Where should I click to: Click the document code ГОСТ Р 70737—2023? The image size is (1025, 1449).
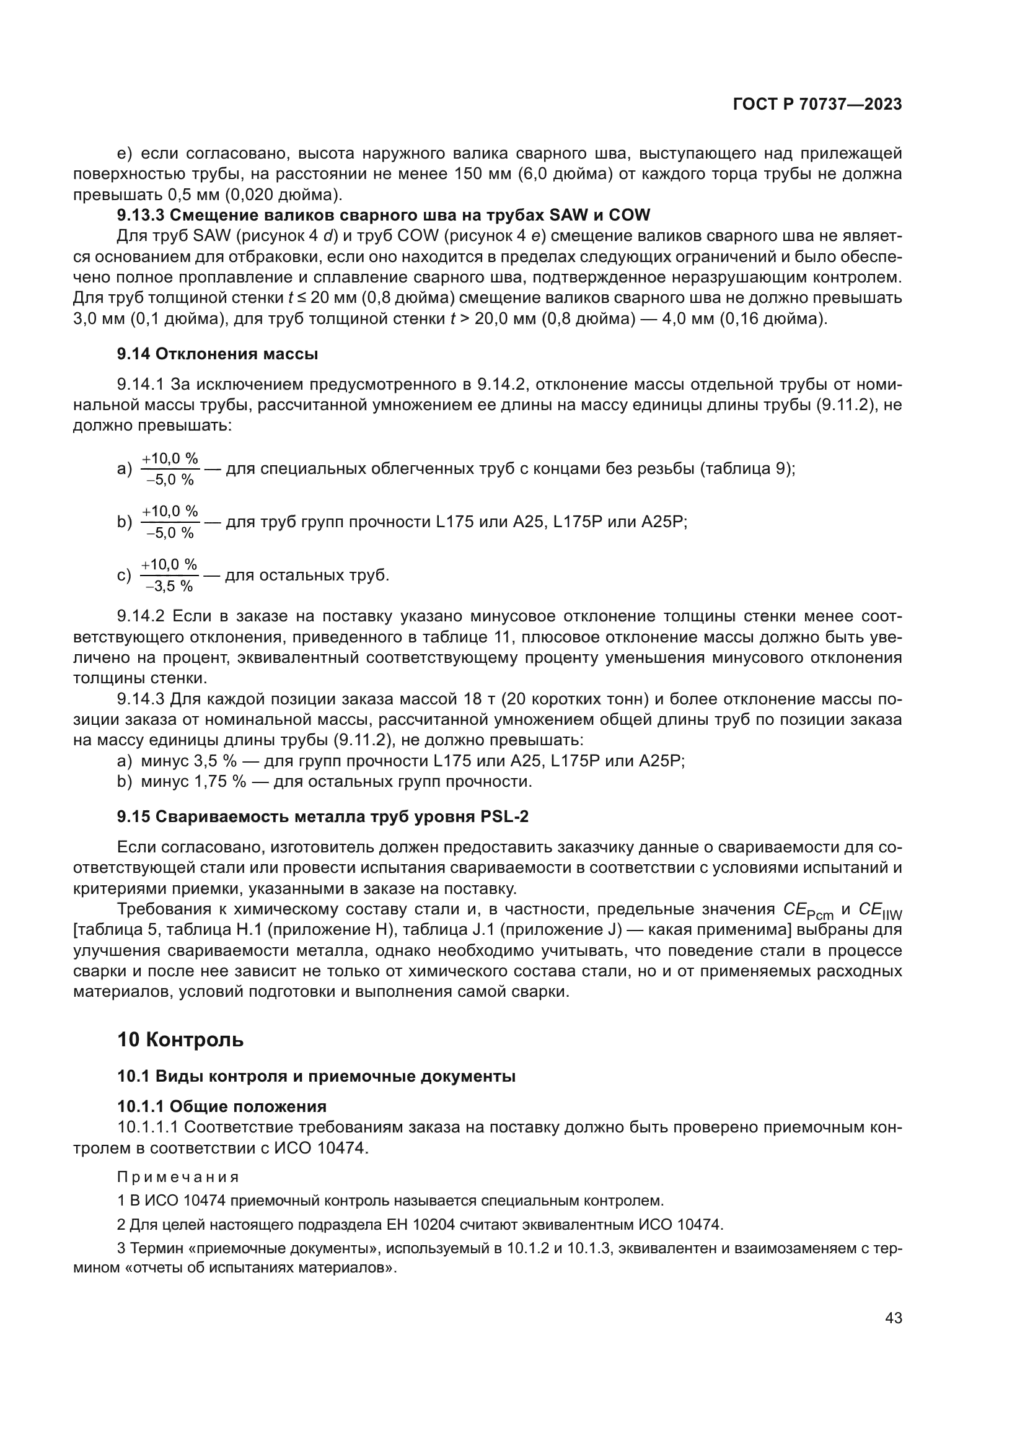[817, 105]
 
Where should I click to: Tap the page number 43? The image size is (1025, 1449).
[893, 1318]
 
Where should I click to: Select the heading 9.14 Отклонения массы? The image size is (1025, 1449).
[217, 354]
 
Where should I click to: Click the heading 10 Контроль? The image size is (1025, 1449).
[180, 1040]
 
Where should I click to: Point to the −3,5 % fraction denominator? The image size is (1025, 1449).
[169, 586]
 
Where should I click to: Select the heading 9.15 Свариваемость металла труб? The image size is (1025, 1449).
[322, 816]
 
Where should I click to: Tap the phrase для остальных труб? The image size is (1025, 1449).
[307, 575]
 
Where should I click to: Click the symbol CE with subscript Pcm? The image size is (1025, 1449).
[807, 911]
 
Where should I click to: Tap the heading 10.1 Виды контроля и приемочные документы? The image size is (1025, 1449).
[316, 1077]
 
